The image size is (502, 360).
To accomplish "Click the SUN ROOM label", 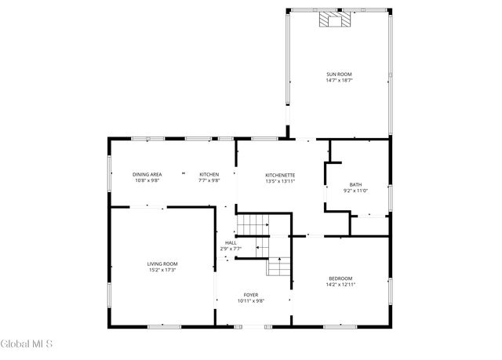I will (340, 75).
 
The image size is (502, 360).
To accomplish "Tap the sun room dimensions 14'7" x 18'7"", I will (340, 81).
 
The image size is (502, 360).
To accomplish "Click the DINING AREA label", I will (147, 174).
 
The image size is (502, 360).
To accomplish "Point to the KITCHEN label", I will (209, 174).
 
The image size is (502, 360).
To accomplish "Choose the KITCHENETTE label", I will (280, 174).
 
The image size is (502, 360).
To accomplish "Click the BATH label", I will (355, 184).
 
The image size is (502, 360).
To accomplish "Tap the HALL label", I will (231, 242).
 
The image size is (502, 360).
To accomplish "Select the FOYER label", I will (251, 295).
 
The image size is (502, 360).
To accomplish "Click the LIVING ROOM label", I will (162, 264).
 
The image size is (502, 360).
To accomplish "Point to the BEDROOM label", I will (340, 278).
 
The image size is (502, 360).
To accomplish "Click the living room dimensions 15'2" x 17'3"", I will (162, 270).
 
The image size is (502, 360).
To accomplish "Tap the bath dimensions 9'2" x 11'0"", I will (355, 191).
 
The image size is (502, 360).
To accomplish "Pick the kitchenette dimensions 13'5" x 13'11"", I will (280, 181).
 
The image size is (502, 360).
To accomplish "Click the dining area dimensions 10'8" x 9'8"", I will (147, 181).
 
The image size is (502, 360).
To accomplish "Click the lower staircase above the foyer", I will (278, 267).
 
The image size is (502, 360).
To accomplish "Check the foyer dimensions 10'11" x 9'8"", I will (251, 301).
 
